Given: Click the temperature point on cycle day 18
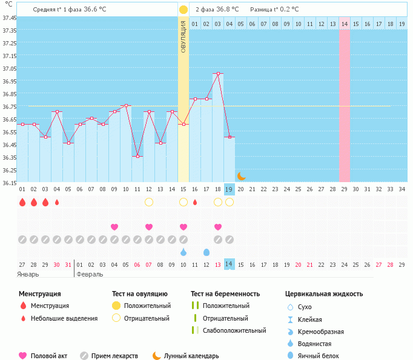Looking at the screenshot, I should [218, 73].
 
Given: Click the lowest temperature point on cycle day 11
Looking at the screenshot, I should [137, 156].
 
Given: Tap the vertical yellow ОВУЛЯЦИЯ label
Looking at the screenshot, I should [183, 36].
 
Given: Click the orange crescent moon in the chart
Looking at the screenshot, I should [241, 175].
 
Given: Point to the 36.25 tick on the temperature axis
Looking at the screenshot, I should [9, 170].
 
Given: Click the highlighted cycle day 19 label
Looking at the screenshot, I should [229, 189].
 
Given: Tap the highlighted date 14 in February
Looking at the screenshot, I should [229, 264].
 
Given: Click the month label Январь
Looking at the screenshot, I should [28, 273].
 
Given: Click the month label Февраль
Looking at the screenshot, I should [90, 273].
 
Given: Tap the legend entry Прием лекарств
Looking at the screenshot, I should [114, 356].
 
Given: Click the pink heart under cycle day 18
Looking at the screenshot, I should [217, 227].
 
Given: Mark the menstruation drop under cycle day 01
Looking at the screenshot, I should [22, 202].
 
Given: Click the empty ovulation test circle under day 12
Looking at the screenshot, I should [148, 202].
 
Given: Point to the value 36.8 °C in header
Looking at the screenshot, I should [226, 9].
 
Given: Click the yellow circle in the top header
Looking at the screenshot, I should [183, 10].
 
